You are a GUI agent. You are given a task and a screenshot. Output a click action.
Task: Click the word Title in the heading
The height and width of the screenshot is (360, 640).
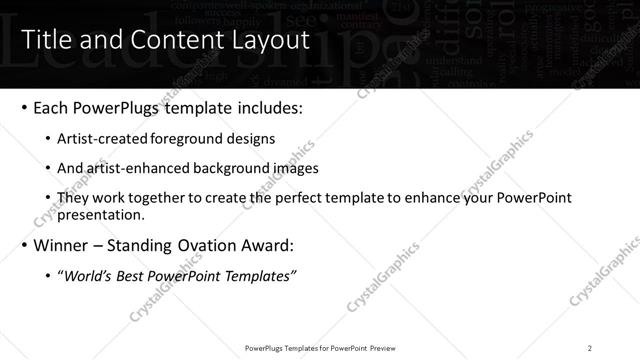coord(45,41)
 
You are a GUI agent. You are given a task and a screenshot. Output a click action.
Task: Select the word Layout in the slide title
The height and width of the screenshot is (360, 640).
coord(268,41)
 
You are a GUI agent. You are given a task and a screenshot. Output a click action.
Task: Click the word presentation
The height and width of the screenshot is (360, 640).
coord(100,214)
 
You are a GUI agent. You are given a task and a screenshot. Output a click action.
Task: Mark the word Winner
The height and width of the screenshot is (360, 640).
coord(62,245)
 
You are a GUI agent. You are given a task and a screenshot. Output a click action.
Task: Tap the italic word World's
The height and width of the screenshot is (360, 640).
coord(88,276)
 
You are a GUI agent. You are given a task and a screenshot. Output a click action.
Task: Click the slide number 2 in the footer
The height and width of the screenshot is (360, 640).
coord(590,348)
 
